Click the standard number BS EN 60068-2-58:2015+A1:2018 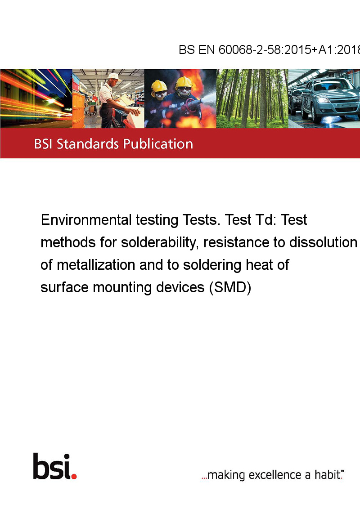tap(270, 49)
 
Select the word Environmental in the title tap(86, 220)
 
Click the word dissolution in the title tap(323, 242)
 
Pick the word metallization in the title tap(96, 265)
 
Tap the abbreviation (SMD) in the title tap(230, 288)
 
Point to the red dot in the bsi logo tap(74, 476)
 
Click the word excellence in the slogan tap(275, 475)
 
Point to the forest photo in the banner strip tap(252, 98)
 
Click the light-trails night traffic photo tap(36, 98)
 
